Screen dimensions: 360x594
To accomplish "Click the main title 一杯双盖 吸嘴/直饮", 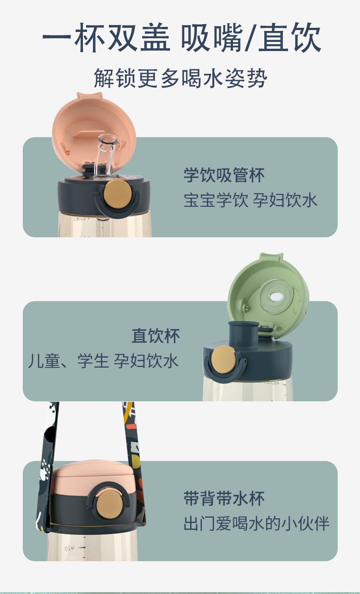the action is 182,38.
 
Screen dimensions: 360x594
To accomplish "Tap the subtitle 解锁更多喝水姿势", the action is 180,78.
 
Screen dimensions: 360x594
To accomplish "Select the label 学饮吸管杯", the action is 224,175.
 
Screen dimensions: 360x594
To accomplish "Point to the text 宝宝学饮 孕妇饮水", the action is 250,200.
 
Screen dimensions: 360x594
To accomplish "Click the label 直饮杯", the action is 156,336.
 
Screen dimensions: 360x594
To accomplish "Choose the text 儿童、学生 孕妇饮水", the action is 103,361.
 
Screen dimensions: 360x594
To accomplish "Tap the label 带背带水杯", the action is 224,498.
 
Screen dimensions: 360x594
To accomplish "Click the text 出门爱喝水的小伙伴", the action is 256,523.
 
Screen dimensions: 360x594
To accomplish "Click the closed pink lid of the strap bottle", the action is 93,477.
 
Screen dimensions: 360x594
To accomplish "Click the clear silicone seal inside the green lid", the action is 276,296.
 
